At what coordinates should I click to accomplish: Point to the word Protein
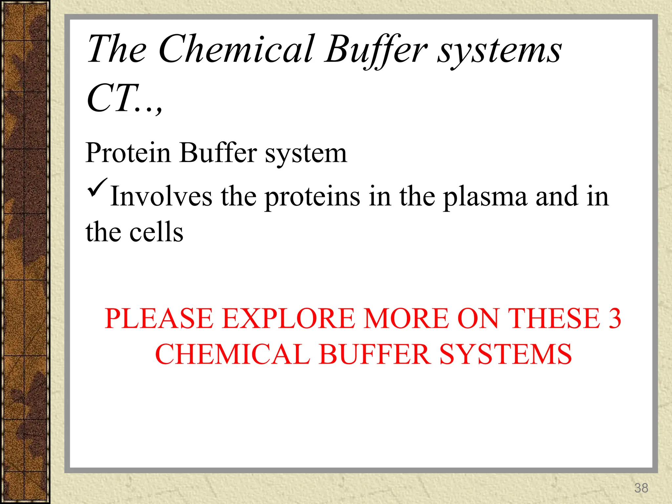click(x=128, y=153)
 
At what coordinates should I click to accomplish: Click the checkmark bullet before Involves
click(x=97, y=188)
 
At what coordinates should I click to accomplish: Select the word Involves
click(x=161, y=196)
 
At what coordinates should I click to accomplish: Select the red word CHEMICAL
click(x=232, y=354)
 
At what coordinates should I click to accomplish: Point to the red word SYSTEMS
click(x=505, y=354)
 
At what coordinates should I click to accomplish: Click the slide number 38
click(x=641, y=488)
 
